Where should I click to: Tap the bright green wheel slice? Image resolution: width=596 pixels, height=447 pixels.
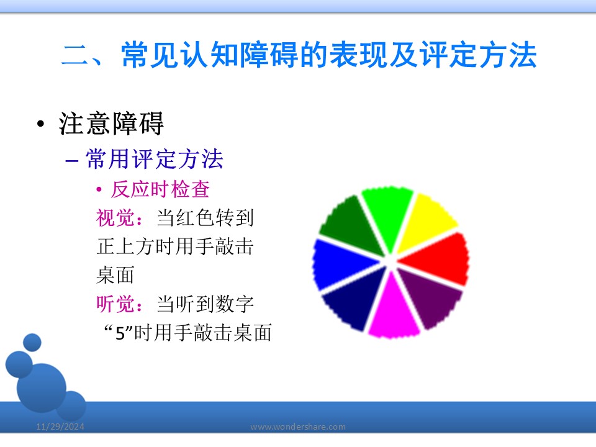(x=387, y=215)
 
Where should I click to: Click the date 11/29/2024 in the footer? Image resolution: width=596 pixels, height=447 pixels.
(x=60, y=427)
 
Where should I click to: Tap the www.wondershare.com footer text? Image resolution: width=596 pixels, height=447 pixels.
(x=298, y=427)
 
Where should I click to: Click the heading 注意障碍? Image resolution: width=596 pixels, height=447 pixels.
(x=111, y=124)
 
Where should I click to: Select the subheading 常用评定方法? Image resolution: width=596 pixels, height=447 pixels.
(x=155, y=159)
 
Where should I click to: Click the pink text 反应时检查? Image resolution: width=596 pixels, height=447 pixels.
(x=160, y=189)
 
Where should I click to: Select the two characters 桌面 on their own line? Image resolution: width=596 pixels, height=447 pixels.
(x=115, y=275)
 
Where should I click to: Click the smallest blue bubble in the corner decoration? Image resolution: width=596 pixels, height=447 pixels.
(x=32, y=343)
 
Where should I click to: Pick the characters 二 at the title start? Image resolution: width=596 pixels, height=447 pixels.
(x=75, y=55)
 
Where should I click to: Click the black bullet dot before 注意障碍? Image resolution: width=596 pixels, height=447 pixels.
(x=41, y=124)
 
